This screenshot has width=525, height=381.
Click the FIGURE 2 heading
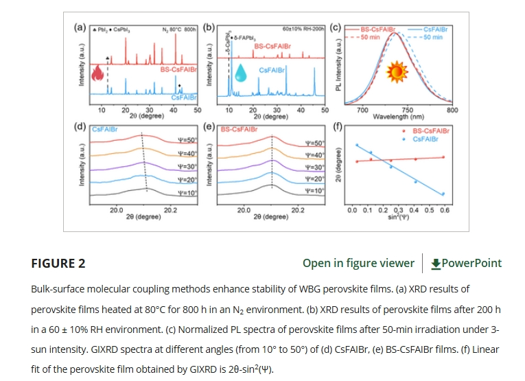58,263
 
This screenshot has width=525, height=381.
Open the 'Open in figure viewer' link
358,263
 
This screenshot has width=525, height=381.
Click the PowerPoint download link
467,263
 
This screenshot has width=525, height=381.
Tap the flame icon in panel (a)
95,73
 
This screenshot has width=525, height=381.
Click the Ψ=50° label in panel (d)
187,140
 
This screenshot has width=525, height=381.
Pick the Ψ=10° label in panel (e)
314,190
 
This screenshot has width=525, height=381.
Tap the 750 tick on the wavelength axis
407,110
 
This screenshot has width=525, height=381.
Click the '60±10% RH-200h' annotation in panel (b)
302,30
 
